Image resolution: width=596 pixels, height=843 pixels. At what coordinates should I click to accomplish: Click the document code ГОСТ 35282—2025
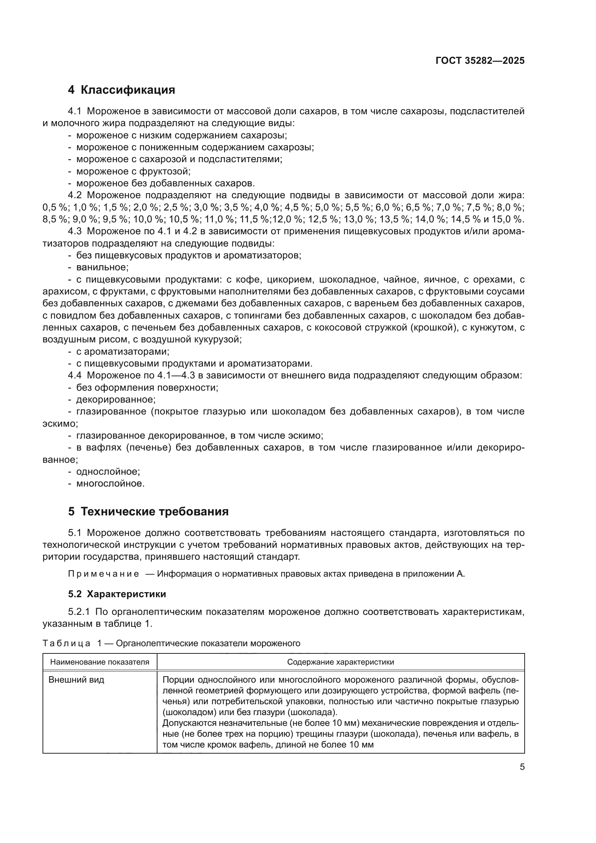point(480,61)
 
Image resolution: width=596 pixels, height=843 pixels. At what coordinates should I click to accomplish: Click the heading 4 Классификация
point(121,90)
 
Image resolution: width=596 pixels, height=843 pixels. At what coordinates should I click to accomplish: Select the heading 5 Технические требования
point(148,511)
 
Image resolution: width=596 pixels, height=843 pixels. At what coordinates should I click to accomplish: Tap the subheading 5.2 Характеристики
point(117,594)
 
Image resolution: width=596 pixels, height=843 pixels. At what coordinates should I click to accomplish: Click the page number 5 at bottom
point(522,767)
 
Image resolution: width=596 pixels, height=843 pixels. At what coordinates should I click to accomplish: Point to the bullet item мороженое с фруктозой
point(133,171)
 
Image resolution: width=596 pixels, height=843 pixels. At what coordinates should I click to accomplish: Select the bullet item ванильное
point(102,267)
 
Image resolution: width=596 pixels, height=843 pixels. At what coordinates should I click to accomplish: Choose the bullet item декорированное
point(116,399)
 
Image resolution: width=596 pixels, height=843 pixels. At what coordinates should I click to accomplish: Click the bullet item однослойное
point(108,471)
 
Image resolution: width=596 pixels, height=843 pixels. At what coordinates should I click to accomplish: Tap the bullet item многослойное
point(110,484)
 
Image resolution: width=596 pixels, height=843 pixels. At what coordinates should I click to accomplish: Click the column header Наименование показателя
point(100,662)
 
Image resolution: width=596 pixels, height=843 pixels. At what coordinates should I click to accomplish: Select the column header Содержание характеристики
point(340,662)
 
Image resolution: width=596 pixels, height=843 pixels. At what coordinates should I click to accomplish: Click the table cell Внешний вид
point(76,680)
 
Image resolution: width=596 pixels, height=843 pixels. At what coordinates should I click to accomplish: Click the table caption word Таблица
point(66,643)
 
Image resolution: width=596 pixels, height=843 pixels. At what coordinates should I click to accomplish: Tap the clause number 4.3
point(75,231)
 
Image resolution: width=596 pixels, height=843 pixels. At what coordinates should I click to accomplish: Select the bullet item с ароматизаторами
point(123,351)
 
